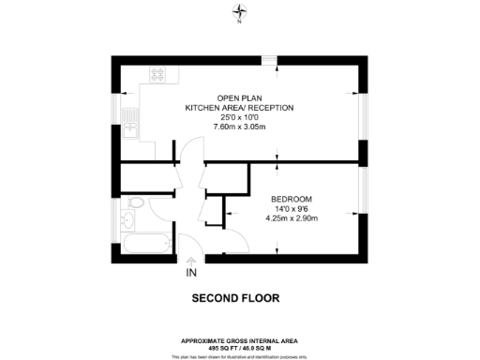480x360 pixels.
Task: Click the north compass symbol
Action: click(x=240, y=11)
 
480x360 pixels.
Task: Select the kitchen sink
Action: click(x=132, y=123)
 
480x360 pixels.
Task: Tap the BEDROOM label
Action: click(x=292, y=199)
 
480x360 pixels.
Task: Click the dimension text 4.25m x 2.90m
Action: click(x=292, y=219)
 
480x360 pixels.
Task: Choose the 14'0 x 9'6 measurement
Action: click(x=292, y=209)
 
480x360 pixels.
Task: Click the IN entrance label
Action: click(x=191, y=274)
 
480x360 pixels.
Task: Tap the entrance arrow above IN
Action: click(x=191, y=260)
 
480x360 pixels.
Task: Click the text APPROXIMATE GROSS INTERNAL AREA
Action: click(x=240, y=340)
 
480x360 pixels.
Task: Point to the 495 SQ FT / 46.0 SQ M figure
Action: click(x=240, y=347)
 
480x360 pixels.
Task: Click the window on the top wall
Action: click(x=270, y=60)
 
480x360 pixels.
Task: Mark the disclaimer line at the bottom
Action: click(x=240, y=354)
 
